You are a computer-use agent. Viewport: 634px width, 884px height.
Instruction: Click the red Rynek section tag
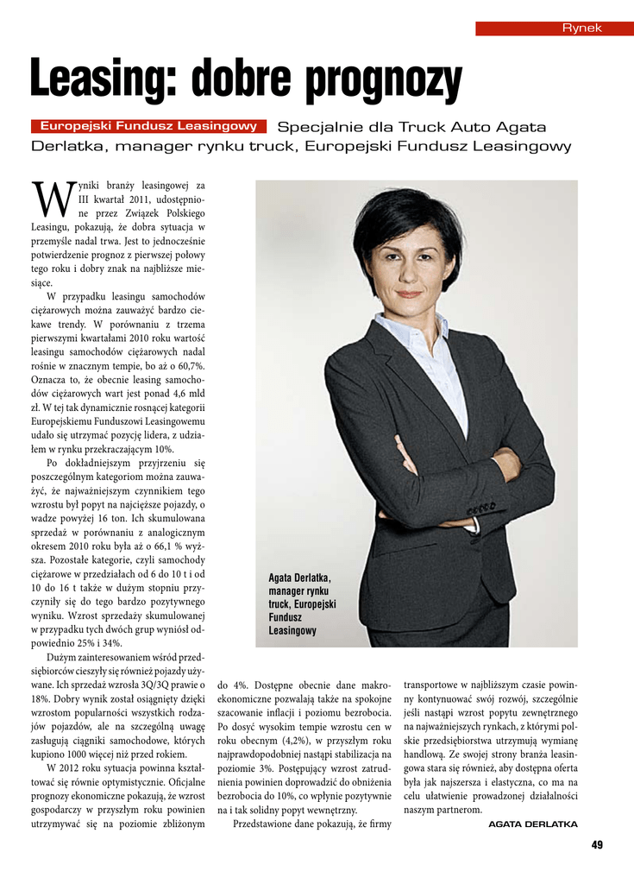pyautogui.click(x=555, y=28)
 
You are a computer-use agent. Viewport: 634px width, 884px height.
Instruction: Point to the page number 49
pyautogui.click(x=597, y=844)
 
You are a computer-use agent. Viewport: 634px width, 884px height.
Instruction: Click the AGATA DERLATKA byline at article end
pyautogui.click(x=532, y=824)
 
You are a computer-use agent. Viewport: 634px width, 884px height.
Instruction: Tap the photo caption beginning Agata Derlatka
pyautogui.click(x=302, y=604)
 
